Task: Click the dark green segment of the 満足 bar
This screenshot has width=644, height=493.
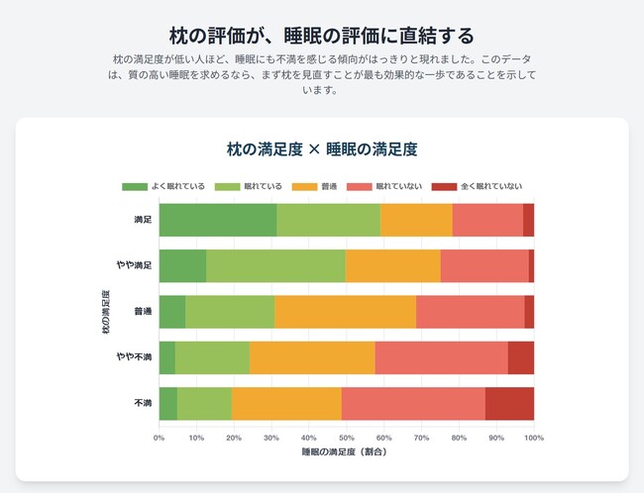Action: pos(217,220)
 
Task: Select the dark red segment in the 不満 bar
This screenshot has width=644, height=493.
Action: pos(509,403)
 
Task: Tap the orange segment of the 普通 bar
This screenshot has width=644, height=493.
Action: pos(345,312)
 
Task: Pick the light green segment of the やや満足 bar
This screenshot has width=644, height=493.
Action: pos(275,265)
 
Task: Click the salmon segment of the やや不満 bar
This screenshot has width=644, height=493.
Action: pos(441,357)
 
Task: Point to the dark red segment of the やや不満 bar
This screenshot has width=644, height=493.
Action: pos(520,357)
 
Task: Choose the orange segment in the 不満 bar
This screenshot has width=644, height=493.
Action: pos(286,403)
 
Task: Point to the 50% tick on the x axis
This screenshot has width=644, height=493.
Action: pos(347,436)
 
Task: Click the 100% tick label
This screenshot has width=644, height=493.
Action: pos(533,436)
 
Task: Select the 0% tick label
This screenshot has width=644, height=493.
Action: pos(160,436)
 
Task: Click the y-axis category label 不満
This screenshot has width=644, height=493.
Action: pos(142,403)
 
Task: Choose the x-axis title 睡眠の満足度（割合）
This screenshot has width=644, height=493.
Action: pos(346,451)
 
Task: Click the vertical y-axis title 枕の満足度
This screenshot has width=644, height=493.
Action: pos(106,311)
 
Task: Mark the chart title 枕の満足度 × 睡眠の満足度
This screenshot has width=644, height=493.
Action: pos(322,149)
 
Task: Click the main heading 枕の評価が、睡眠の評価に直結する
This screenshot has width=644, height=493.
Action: pos(322,37)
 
